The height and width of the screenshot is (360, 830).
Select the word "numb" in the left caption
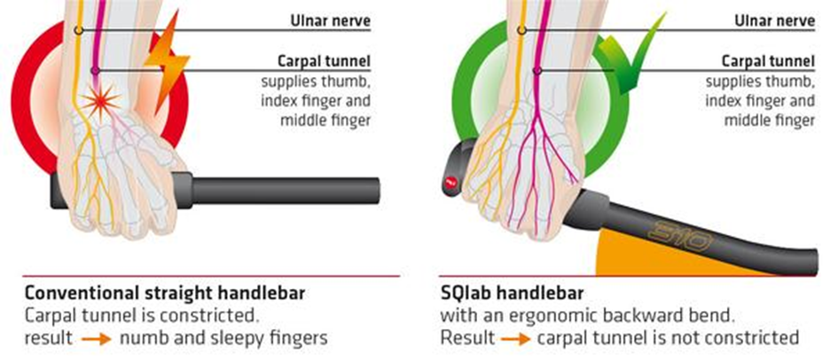click(142, 338)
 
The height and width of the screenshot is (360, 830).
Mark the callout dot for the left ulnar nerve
click(78, 30)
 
